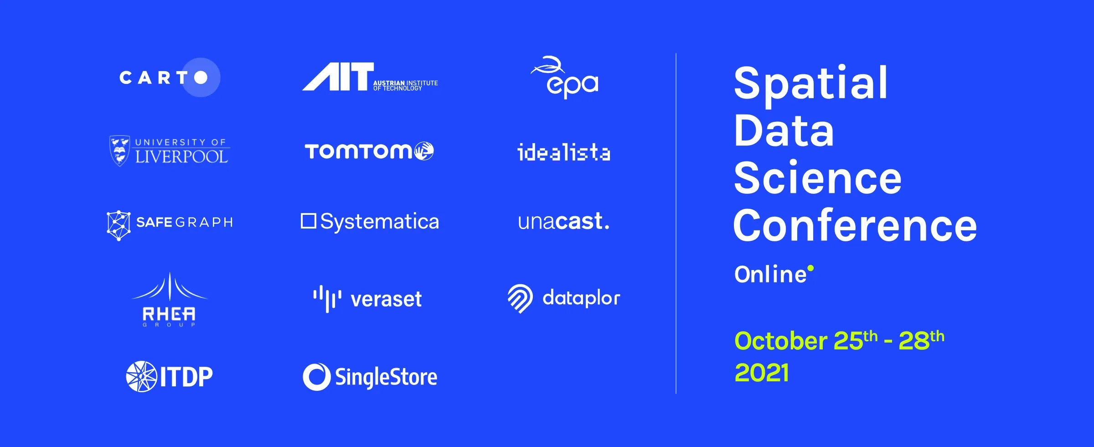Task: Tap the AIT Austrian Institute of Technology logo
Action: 369,77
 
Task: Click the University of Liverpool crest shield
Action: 120,151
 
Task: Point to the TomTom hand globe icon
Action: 424,151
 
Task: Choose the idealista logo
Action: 564,152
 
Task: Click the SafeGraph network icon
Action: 119,225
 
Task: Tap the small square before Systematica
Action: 309,221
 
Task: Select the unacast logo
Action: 564,222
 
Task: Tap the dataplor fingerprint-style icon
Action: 520,298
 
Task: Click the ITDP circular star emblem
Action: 141,376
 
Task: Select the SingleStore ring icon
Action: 316,377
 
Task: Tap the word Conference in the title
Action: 855,225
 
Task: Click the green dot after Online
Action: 810,268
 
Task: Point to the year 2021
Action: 762,373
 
